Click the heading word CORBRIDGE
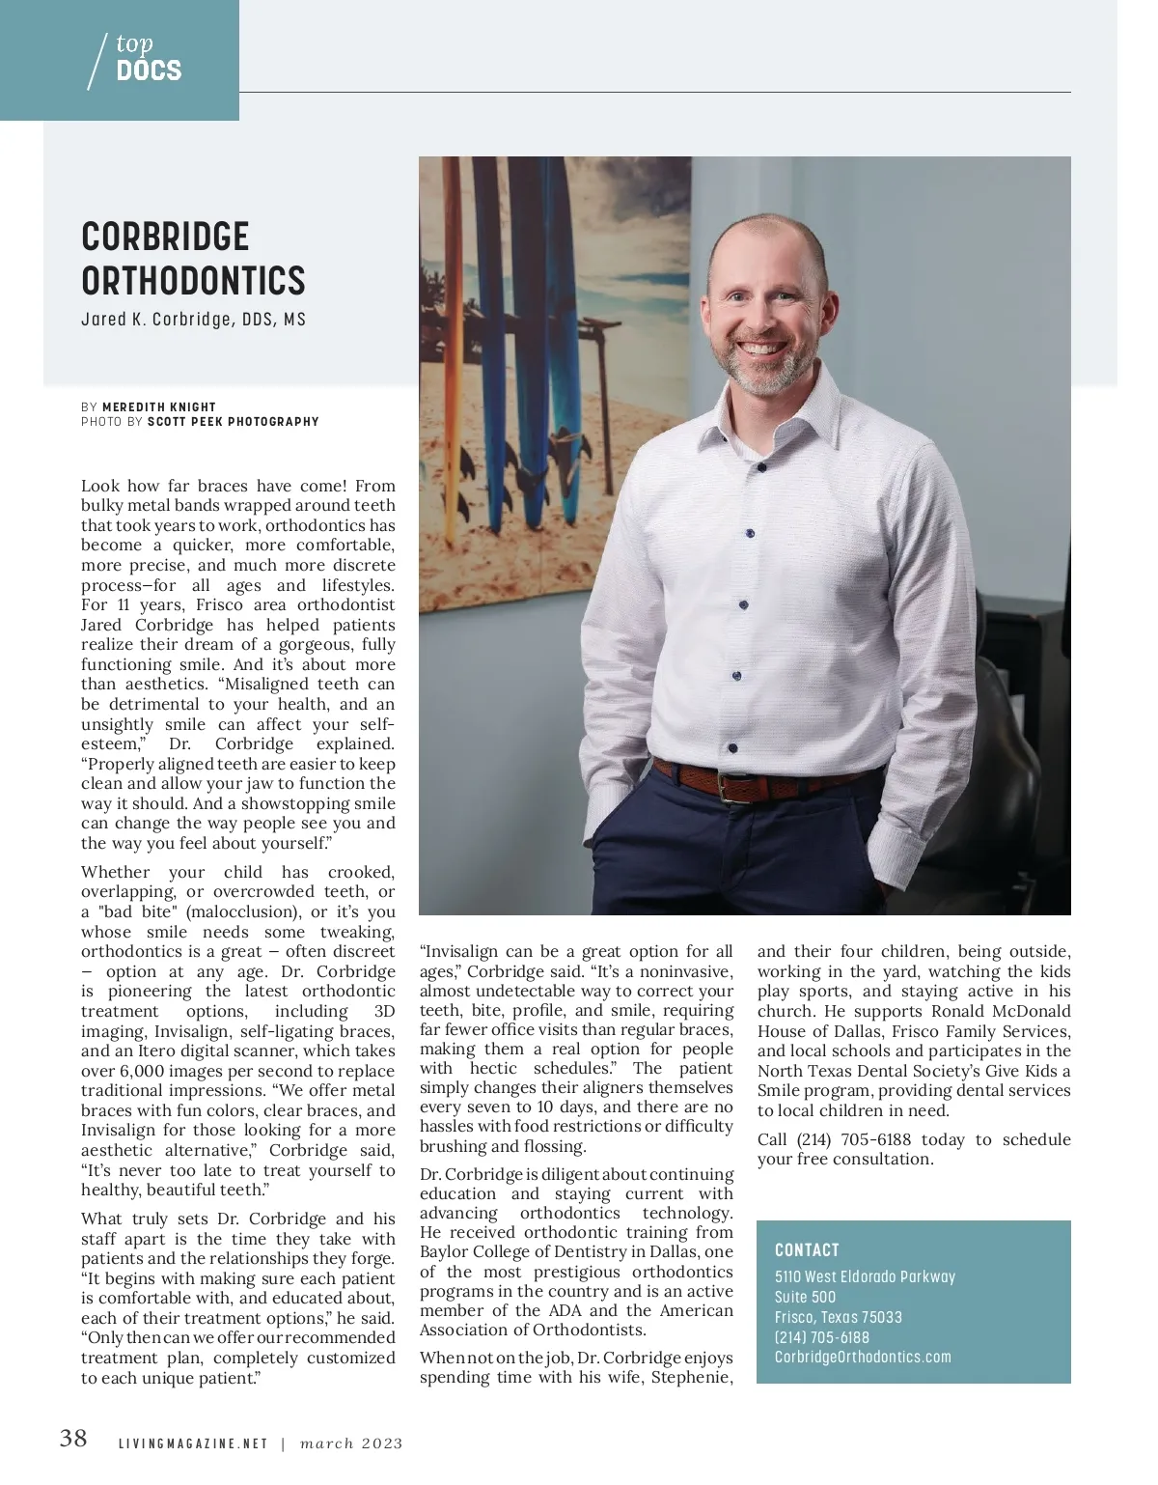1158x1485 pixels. [165, 238]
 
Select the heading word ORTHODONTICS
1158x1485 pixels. [193, 281]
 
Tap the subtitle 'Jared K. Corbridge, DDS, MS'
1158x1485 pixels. [193, 320]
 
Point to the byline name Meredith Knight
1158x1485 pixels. [159, 407]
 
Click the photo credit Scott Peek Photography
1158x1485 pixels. [233, 422]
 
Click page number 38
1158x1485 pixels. [73, 1439]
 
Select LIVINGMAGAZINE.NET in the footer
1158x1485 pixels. [193, 1444]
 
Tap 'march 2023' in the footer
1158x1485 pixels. [351, 1444]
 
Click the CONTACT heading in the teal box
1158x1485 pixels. [807, 1250]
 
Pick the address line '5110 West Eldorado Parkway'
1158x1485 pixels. [865, 1276]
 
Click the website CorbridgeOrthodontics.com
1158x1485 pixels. [863, 1357]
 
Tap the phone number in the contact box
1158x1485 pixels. [822, 1337]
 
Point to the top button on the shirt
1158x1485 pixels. [760, 467]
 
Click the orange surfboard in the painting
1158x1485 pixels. [451, 338]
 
